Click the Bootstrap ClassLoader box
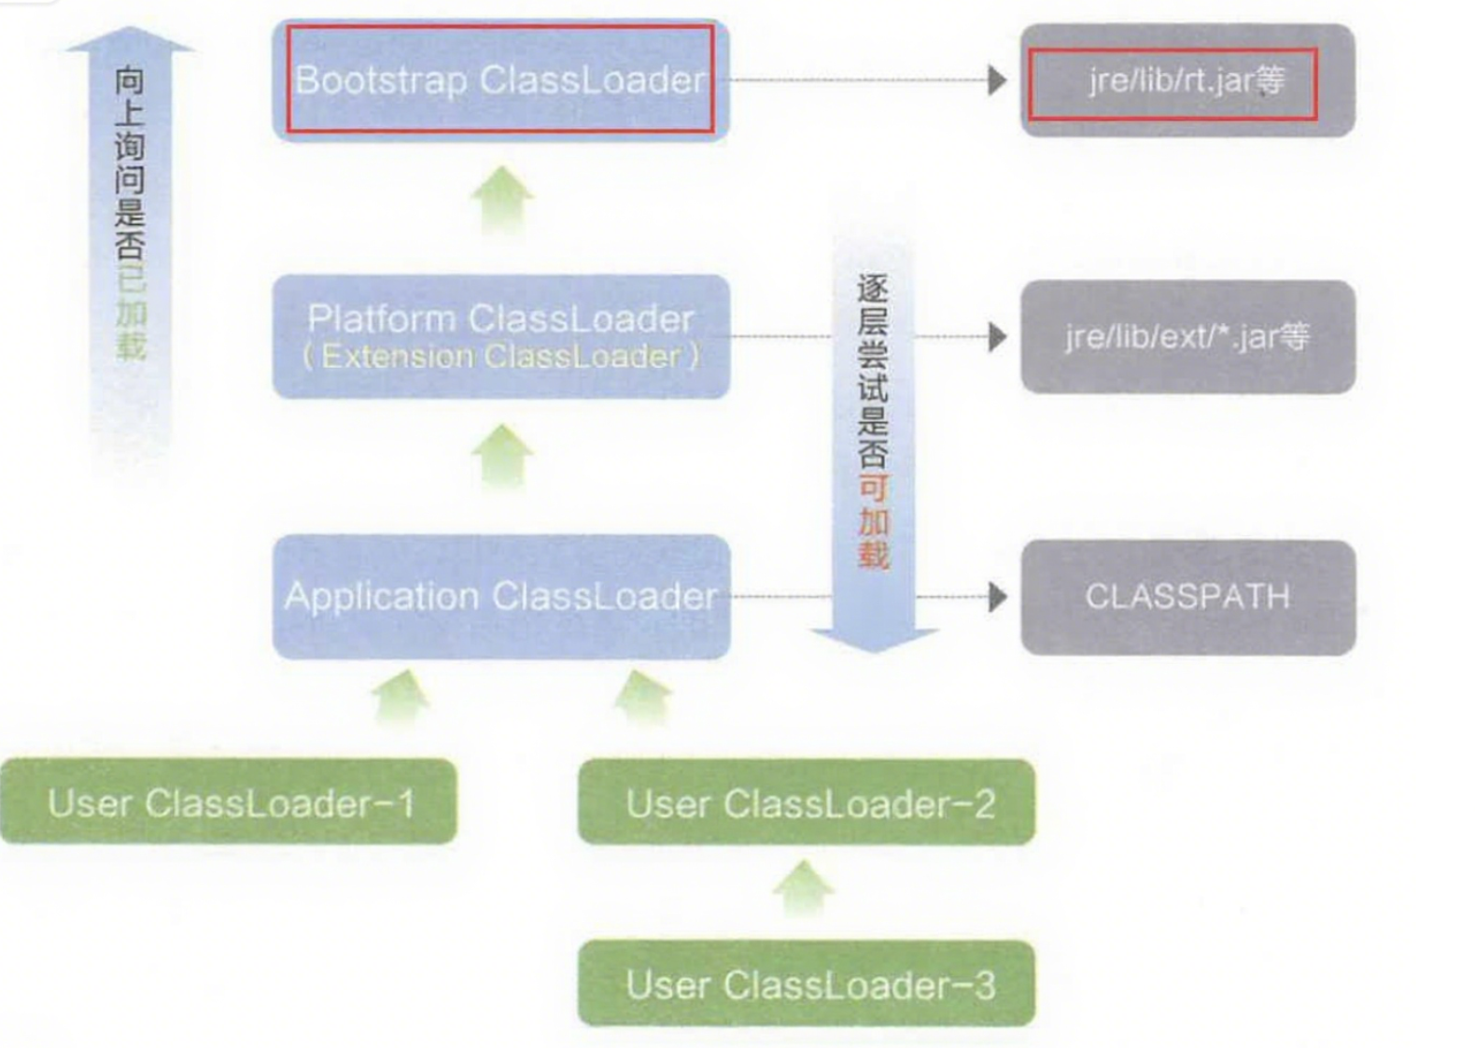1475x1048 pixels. coord(501,79)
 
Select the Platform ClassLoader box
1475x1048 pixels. coord(501,336)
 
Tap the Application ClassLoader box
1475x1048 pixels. coord(501,597)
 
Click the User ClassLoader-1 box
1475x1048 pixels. coord(229,801)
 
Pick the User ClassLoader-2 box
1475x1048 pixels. coord(807,802)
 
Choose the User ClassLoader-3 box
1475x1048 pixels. coord(807,984)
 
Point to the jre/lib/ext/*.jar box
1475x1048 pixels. coord(1187,336)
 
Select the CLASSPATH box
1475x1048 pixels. coord(1187,598)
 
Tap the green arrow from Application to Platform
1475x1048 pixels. coord(502,458)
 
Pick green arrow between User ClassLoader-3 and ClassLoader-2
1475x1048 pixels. coord(804,887)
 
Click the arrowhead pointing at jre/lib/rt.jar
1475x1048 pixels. coord(998,80)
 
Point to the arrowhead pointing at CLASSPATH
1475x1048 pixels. coord(998,598)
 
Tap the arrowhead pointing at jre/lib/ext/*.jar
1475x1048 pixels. coord(998,336)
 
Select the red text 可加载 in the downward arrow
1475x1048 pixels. coord(874,521)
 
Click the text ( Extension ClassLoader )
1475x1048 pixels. coord(501,357)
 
